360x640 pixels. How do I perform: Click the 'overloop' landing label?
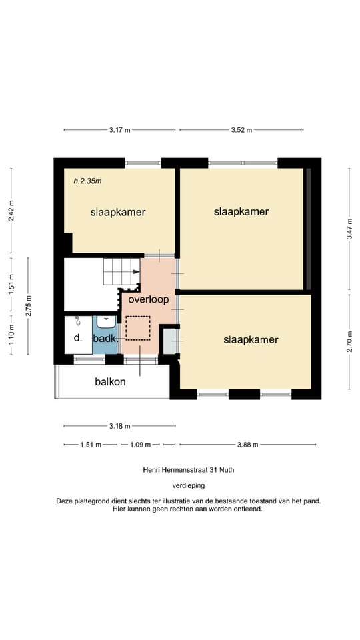click(x=149, y=299)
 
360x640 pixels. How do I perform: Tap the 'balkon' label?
click(x=110, y=382)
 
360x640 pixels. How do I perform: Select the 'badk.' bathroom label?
click(x=106, y=339)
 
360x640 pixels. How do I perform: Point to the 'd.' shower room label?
click(x=77, y=339)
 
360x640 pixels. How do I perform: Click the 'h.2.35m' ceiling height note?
click(x=87, y=181)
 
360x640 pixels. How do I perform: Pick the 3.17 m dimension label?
click(x=119, y=130)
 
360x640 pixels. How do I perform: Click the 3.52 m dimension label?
click(x=241, y=130)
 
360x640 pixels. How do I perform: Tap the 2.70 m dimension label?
click(x=349, y=342)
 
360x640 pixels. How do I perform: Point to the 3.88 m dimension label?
click(x=247, y=445)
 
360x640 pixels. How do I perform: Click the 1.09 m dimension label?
click(x=140, y=445)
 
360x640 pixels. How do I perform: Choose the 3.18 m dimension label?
click(x=119, y=426)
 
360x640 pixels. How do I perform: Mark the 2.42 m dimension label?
click(x=11, y=211)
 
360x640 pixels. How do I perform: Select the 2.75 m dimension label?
click(x=28, y=306)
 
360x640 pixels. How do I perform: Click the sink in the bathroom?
click(x=106, y=321)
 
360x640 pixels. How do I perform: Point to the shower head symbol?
click(x=77, y=322)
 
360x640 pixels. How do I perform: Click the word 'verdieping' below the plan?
click(x=188, y=486)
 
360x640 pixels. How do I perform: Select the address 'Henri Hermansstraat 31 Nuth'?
click(x=188, y=470)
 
